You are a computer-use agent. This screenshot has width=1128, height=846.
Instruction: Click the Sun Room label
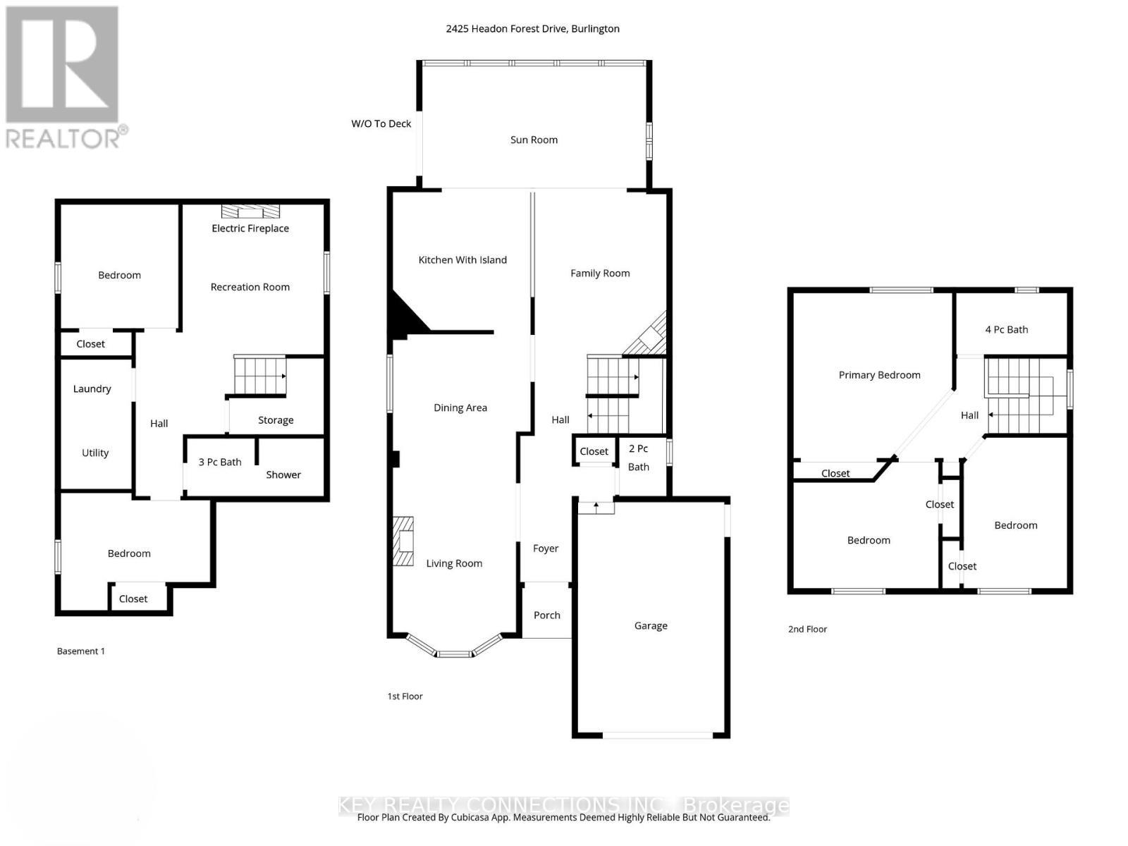534,140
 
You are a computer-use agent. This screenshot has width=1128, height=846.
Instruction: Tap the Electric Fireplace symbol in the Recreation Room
250,211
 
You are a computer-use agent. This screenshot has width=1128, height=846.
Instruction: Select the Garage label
650,625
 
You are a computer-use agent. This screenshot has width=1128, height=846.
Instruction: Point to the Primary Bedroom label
879,375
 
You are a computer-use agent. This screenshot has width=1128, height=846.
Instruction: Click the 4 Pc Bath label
1006,329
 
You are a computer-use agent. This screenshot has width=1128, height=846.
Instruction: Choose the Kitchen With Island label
462,259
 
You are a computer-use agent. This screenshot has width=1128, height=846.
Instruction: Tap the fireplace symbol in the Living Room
403,541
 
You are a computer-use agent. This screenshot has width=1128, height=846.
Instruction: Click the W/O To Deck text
381,123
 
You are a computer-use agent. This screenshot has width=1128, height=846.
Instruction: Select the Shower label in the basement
283,474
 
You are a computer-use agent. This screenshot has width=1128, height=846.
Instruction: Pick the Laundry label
92,388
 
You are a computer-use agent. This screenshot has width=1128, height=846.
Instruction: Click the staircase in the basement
259,376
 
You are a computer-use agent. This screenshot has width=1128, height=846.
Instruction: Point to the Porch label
546,615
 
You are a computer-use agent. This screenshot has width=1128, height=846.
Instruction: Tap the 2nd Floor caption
807,629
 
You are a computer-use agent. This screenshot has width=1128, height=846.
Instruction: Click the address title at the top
532,29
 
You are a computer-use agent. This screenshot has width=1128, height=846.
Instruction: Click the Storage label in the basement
276,420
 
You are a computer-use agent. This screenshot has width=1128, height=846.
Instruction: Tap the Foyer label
546,548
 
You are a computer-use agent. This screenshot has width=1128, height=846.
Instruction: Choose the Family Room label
600,273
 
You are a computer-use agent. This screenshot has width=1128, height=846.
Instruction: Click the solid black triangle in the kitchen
405,315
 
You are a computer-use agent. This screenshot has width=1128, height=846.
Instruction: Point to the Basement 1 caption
80,651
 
